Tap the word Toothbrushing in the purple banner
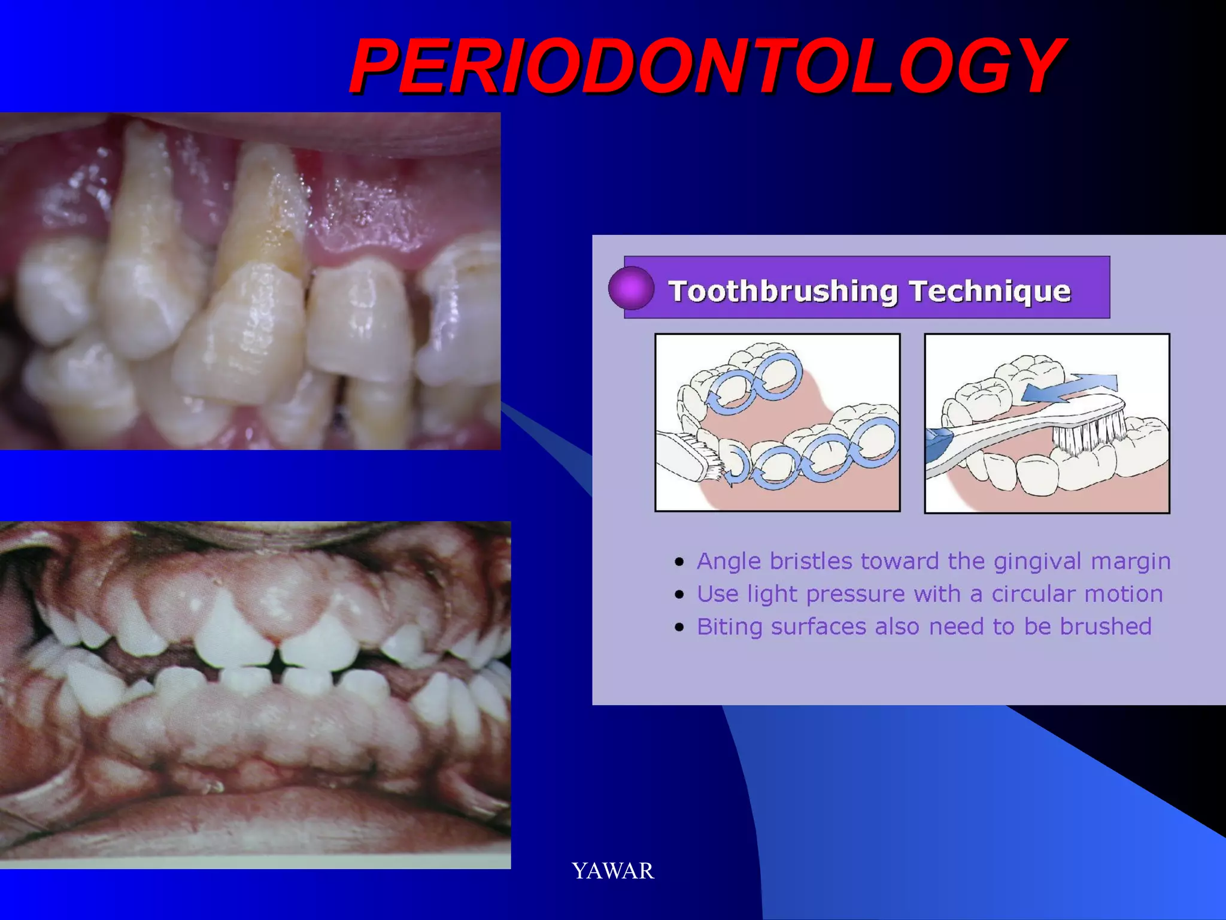pyautogui.click(x=783, y=292)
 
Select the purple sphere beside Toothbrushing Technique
pyautogui.click(x=631, y=288)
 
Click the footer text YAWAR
pyautogui.click(x=612, y=871)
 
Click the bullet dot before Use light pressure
pyautogui.click(x=679, y=595)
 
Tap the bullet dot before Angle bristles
pyautogui.click(x=679, y=562)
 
